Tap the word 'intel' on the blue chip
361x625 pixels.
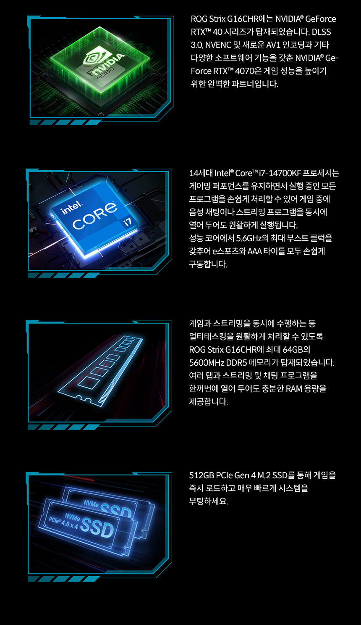71,207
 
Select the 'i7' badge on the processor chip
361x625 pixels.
127,222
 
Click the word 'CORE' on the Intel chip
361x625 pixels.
94,215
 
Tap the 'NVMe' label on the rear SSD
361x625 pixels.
91,504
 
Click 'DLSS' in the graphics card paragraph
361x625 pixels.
321,32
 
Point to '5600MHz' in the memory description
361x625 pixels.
206,363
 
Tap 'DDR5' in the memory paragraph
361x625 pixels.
236,363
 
